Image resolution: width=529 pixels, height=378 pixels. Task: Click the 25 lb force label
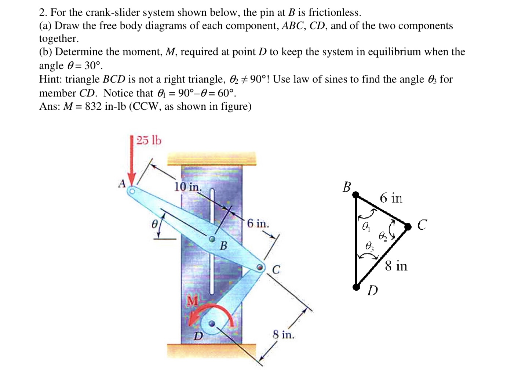click(x=149, y=140)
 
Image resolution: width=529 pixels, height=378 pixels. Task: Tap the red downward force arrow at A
click(x=132, y=161)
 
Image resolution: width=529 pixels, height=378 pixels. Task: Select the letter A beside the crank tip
click(x=122, y=183)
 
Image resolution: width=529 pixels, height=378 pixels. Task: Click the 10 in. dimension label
click(x=188, y=186)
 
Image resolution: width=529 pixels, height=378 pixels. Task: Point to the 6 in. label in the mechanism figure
click(x=258, y=223)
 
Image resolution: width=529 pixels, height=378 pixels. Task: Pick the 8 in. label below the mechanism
click(x=284, y=334)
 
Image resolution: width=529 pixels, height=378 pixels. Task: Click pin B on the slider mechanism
click(x=212, y=239)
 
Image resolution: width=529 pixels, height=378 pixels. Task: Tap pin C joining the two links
click(x=260, y=266)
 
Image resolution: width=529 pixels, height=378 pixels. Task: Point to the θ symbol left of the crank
click(x=155, y=223)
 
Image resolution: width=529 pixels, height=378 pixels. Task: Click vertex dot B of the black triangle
click(x=356, y=195)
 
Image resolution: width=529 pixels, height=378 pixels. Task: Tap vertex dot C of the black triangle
click(x=408, y=227)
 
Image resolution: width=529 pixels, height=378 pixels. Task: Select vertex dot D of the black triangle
click(x=356, y=287)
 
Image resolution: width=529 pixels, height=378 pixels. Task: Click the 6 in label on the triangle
click(x=391, y=198)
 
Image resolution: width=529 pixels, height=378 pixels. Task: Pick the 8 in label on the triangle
click(x=396, y=266)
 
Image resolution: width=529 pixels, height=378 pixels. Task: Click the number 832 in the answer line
click(x=93, y=106)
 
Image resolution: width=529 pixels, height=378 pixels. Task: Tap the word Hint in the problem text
click(x=51, y=79)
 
